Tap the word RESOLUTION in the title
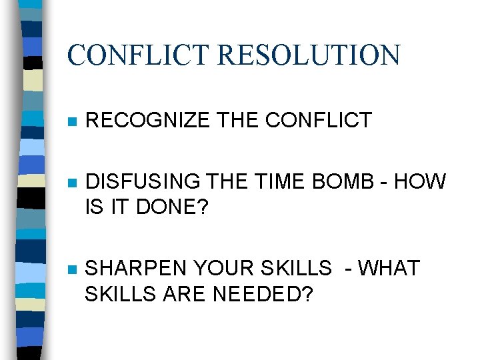point(308,55)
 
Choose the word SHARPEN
point(137,268)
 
